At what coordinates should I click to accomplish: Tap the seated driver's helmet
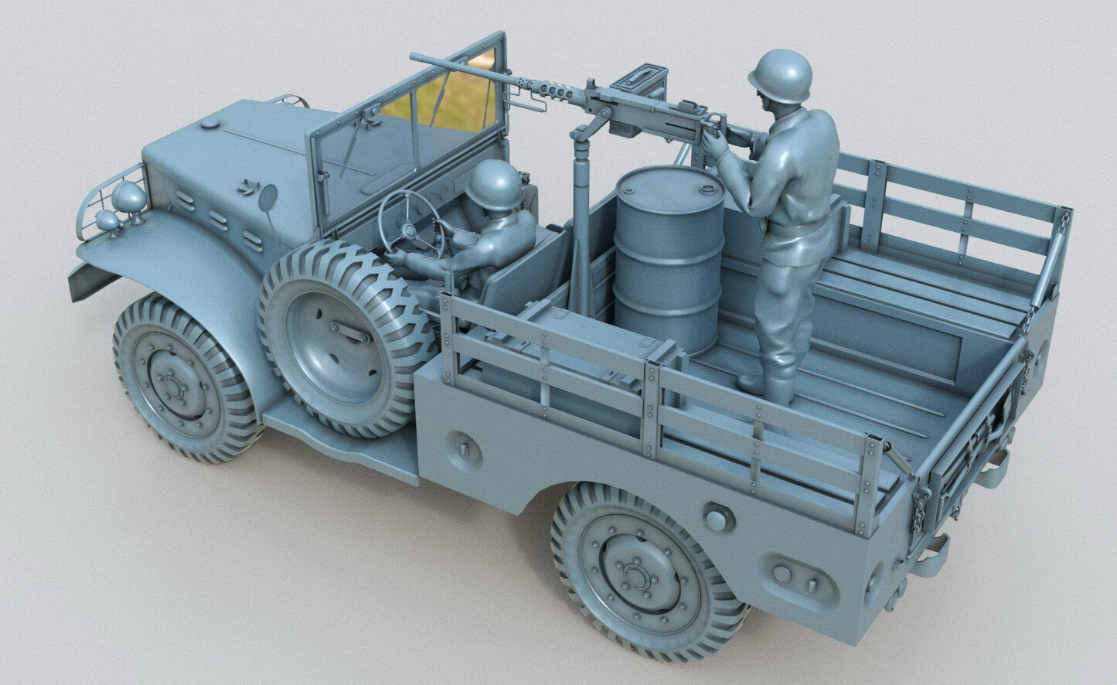[494, 184]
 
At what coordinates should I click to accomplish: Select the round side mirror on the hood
[267, 197]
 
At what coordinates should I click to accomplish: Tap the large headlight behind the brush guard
[129, 199]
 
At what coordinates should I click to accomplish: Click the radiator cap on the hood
[209, 123]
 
